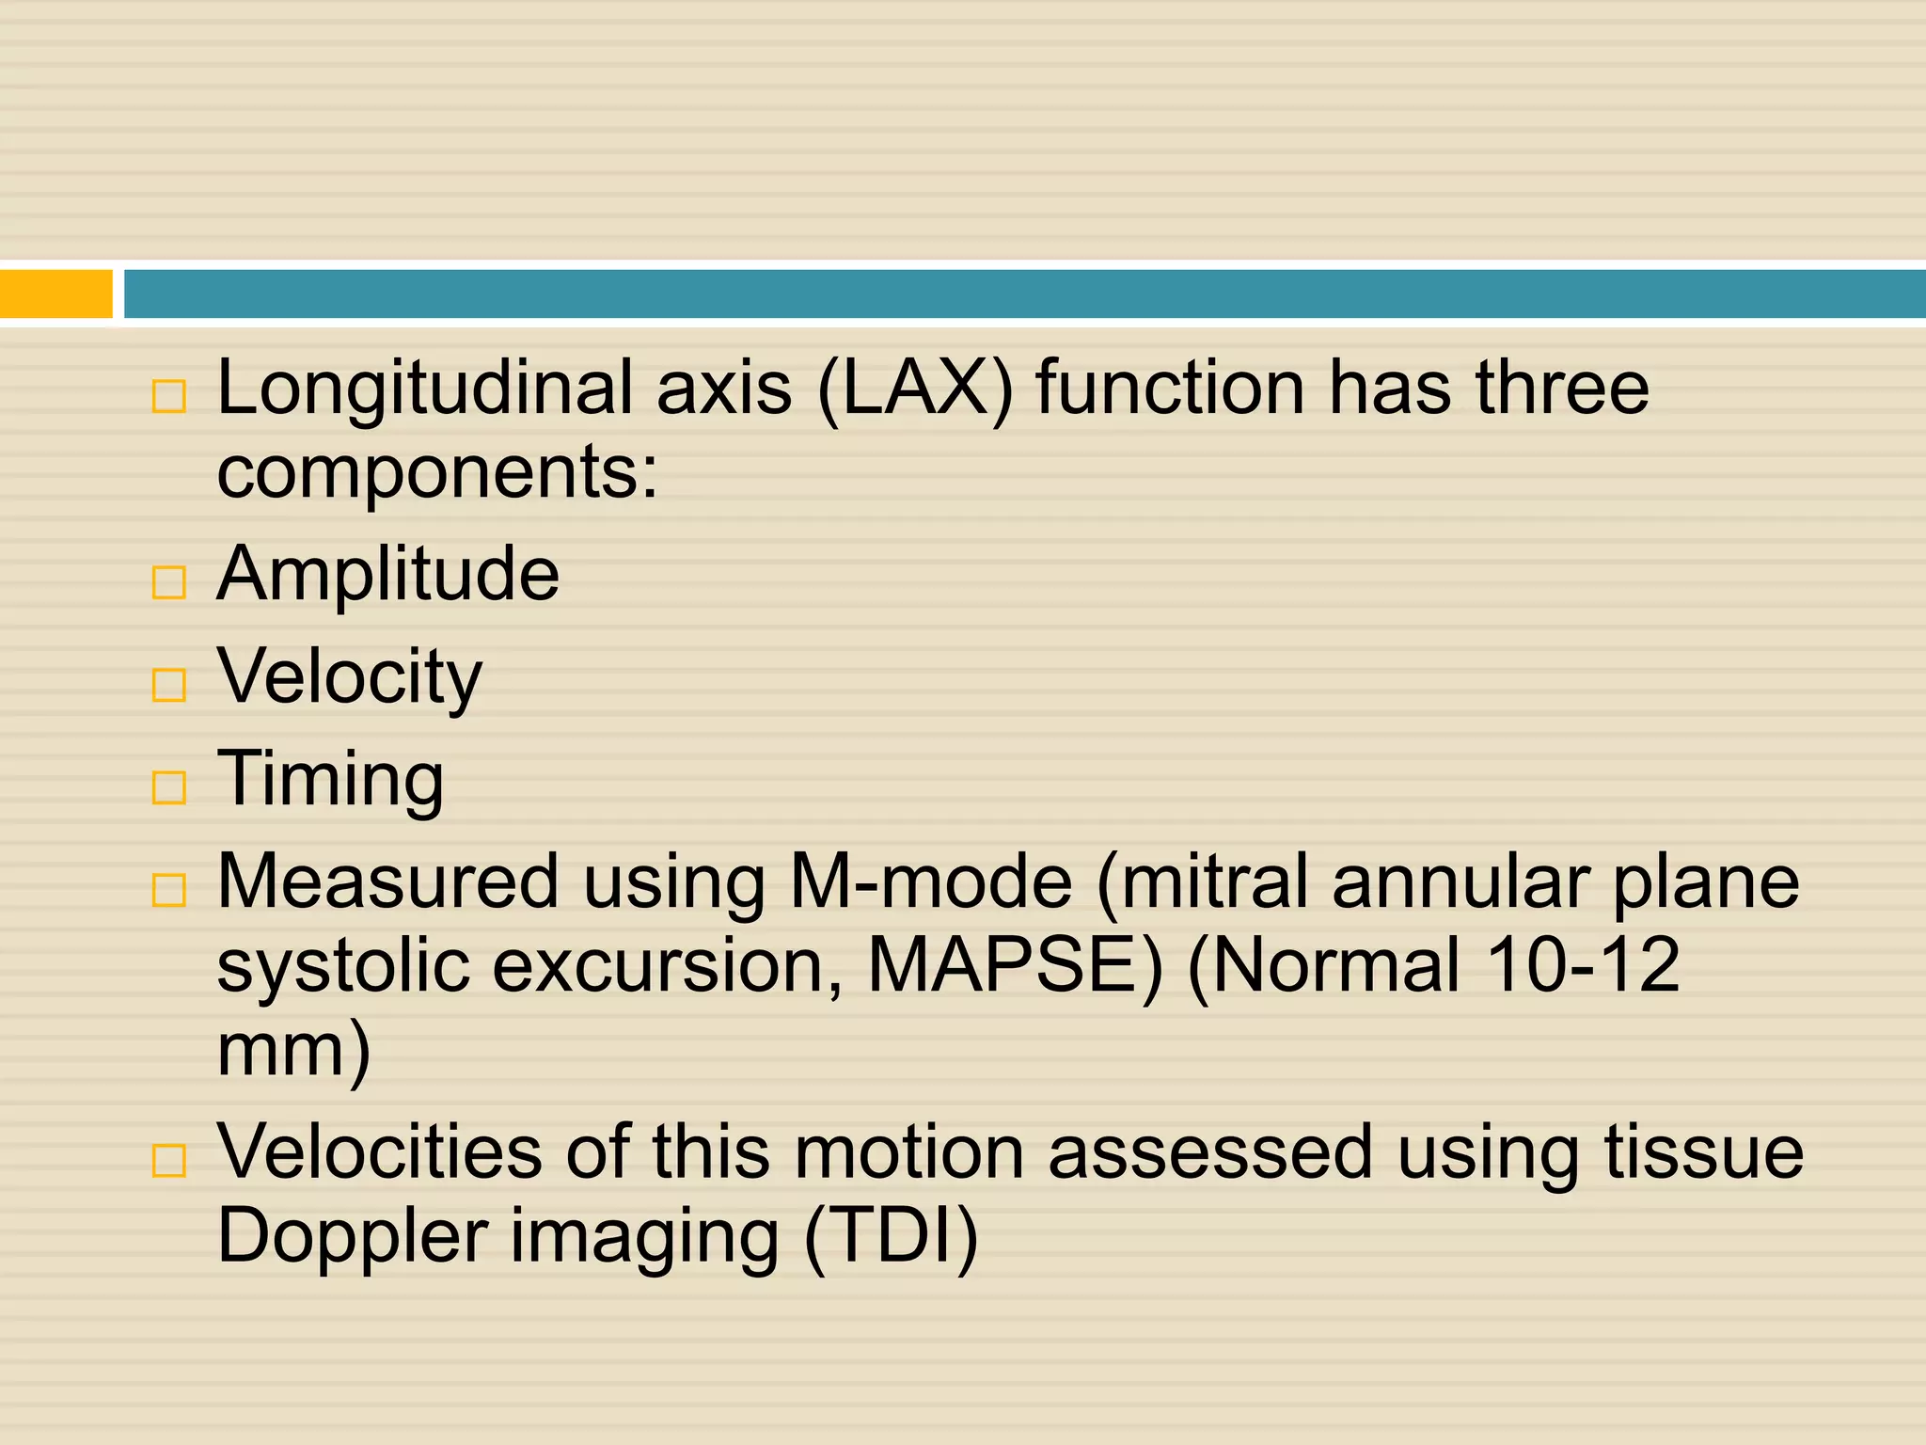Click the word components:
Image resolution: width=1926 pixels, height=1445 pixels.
tap(437, 473)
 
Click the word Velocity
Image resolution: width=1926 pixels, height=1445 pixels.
tap(349, 677)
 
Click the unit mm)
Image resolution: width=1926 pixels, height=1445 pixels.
tap(293, 1050)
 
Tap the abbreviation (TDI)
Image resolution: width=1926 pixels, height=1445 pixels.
tap(892, 1236)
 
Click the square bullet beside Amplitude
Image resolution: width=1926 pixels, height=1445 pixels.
tap(169, 582)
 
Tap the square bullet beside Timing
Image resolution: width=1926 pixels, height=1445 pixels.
tap(169, 786)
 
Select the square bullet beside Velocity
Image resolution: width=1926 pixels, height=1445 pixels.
tap(169, 685)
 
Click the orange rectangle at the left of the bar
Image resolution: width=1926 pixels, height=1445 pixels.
tap(56, 294)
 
